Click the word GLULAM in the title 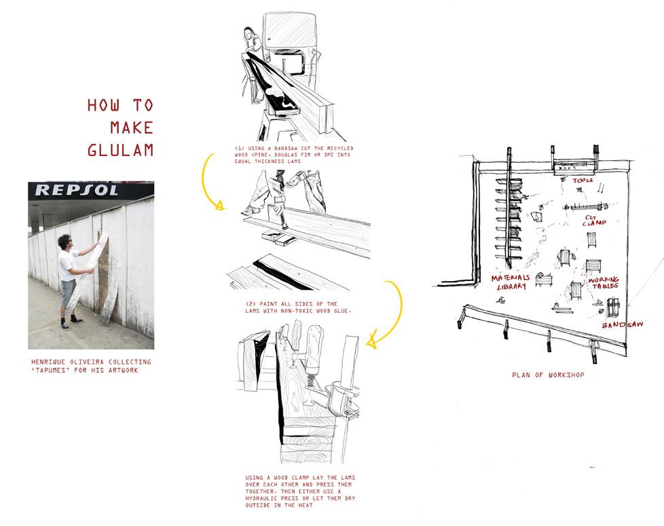[x=121, y=149]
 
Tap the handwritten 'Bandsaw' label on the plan [x=621, y=325]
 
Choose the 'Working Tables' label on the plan [x=602, y=283]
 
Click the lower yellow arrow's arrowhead [x=371, y=343]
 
